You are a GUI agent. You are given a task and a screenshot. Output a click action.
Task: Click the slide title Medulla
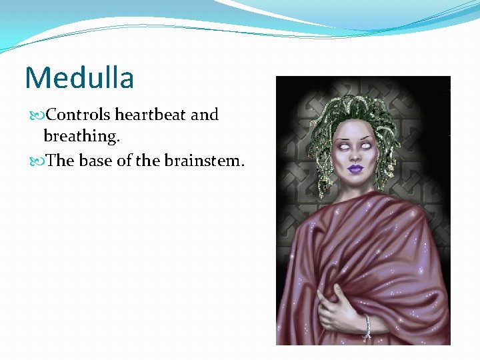(x=79, y=77)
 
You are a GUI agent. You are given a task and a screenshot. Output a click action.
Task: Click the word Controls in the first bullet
(x=73, y=115)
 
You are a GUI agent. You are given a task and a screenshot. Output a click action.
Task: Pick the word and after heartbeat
(x=205, y=115)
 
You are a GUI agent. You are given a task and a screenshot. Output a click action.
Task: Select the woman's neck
(x=357, y=190)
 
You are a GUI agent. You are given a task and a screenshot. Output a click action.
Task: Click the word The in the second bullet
(x=61, y=161)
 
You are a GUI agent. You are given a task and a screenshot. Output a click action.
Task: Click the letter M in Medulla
(x=36, y=77)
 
